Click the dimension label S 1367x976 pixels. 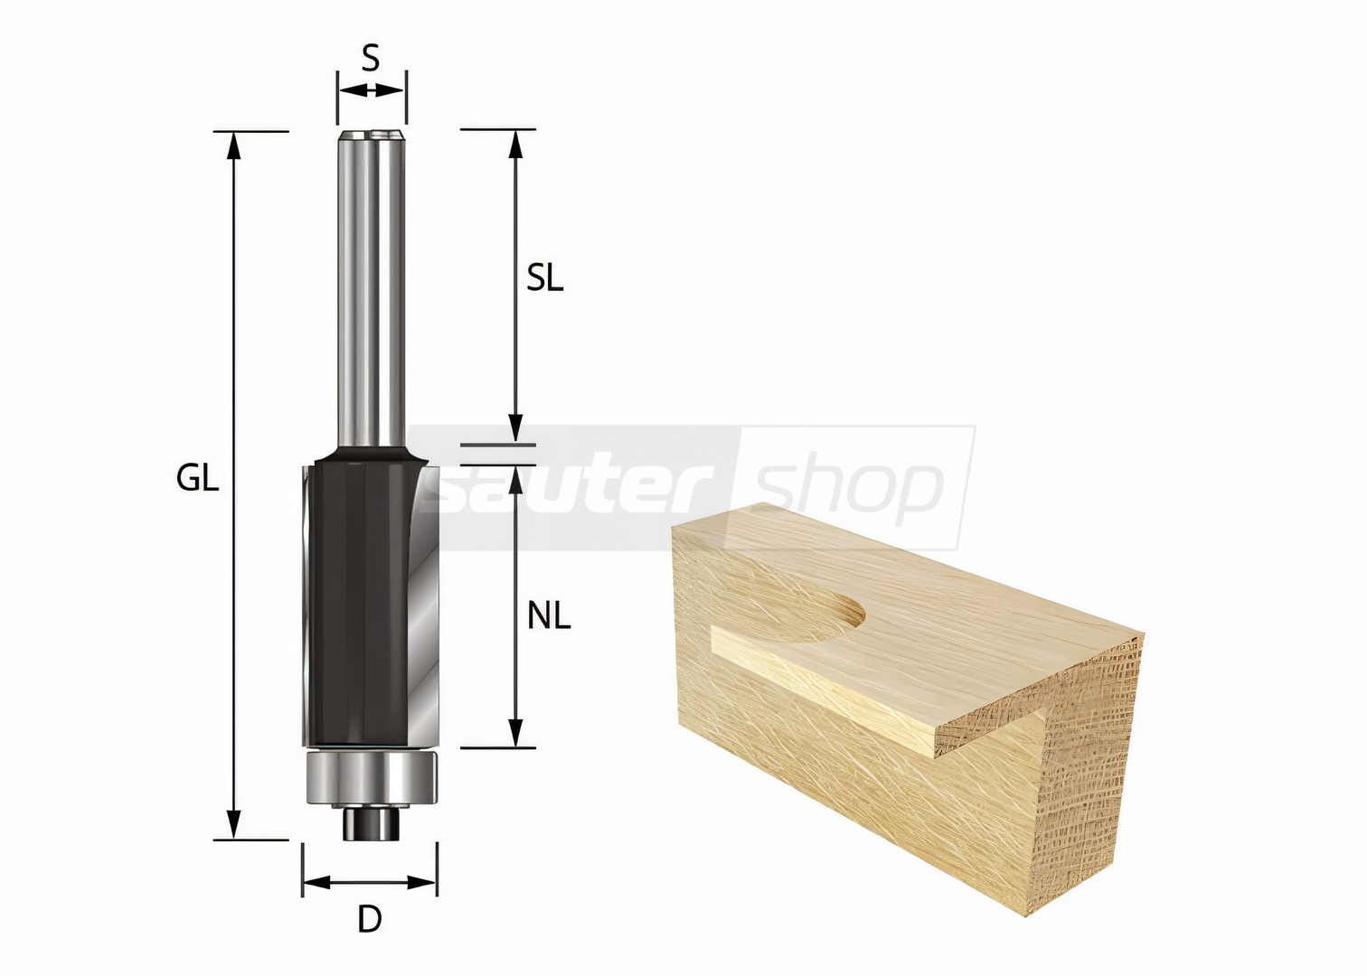pos(371,59)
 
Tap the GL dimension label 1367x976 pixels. pos(197,478)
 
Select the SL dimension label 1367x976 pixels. pos(545,278)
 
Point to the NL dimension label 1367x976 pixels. pos(549,616)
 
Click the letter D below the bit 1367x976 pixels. pos(370,919)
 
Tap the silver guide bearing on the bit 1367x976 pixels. pos(372,777)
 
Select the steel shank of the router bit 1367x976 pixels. pos(372,290)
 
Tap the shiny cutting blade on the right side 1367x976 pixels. pos(423,604)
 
